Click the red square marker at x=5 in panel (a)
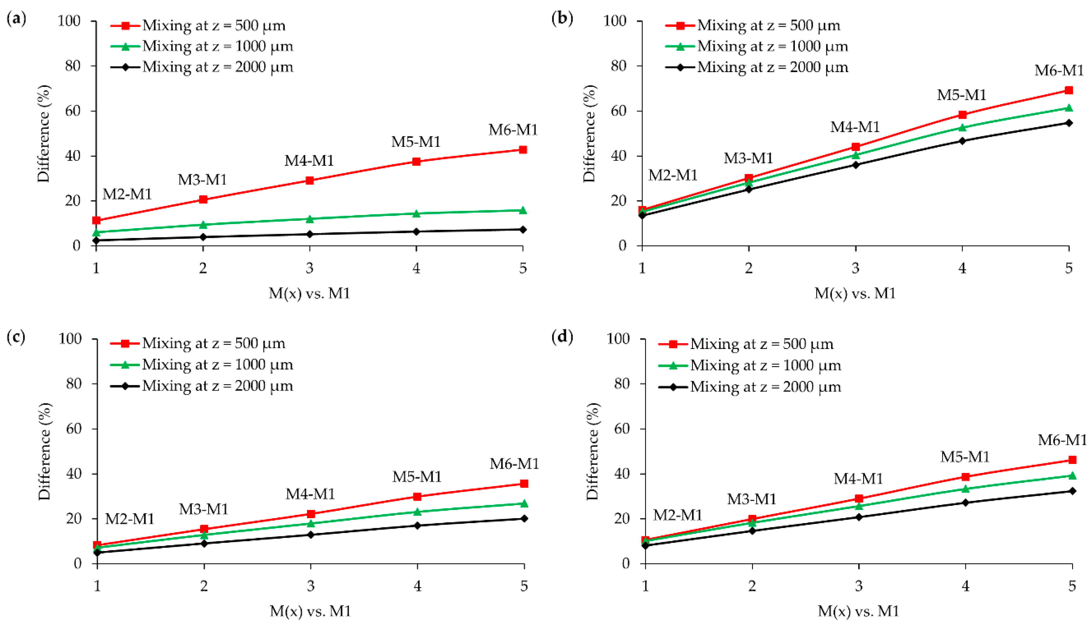[x=523, y=150]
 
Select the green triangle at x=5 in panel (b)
[x=1069, y=108]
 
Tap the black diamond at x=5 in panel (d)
[x=1072, y=491]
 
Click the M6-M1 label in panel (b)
[x=1059, y=70]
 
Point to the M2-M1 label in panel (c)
[x=129, y=519]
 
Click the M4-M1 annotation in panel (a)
[x=309, y=161]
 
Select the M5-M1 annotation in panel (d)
[x=965, y=457]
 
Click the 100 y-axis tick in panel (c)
[x=70, y=339]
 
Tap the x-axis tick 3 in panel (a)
[x=309, y=268]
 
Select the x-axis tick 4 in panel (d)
[x=965, y=586]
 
